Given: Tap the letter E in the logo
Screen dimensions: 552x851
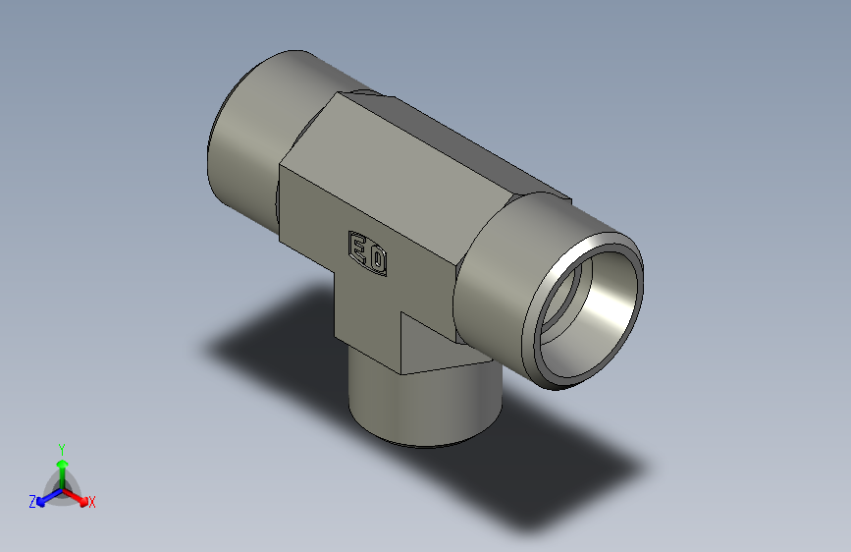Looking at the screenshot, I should [358, 249].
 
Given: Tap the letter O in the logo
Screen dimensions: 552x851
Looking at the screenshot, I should [377, 260].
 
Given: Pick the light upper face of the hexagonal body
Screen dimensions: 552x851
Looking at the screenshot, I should [412, 167].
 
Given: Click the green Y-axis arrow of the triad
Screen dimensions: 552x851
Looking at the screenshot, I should [62, 462].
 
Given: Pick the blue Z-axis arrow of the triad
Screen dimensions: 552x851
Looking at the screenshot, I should [43, 499].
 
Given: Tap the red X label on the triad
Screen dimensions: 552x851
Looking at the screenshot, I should [92, 502].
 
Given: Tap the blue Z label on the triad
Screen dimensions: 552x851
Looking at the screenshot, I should [31, 501].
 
